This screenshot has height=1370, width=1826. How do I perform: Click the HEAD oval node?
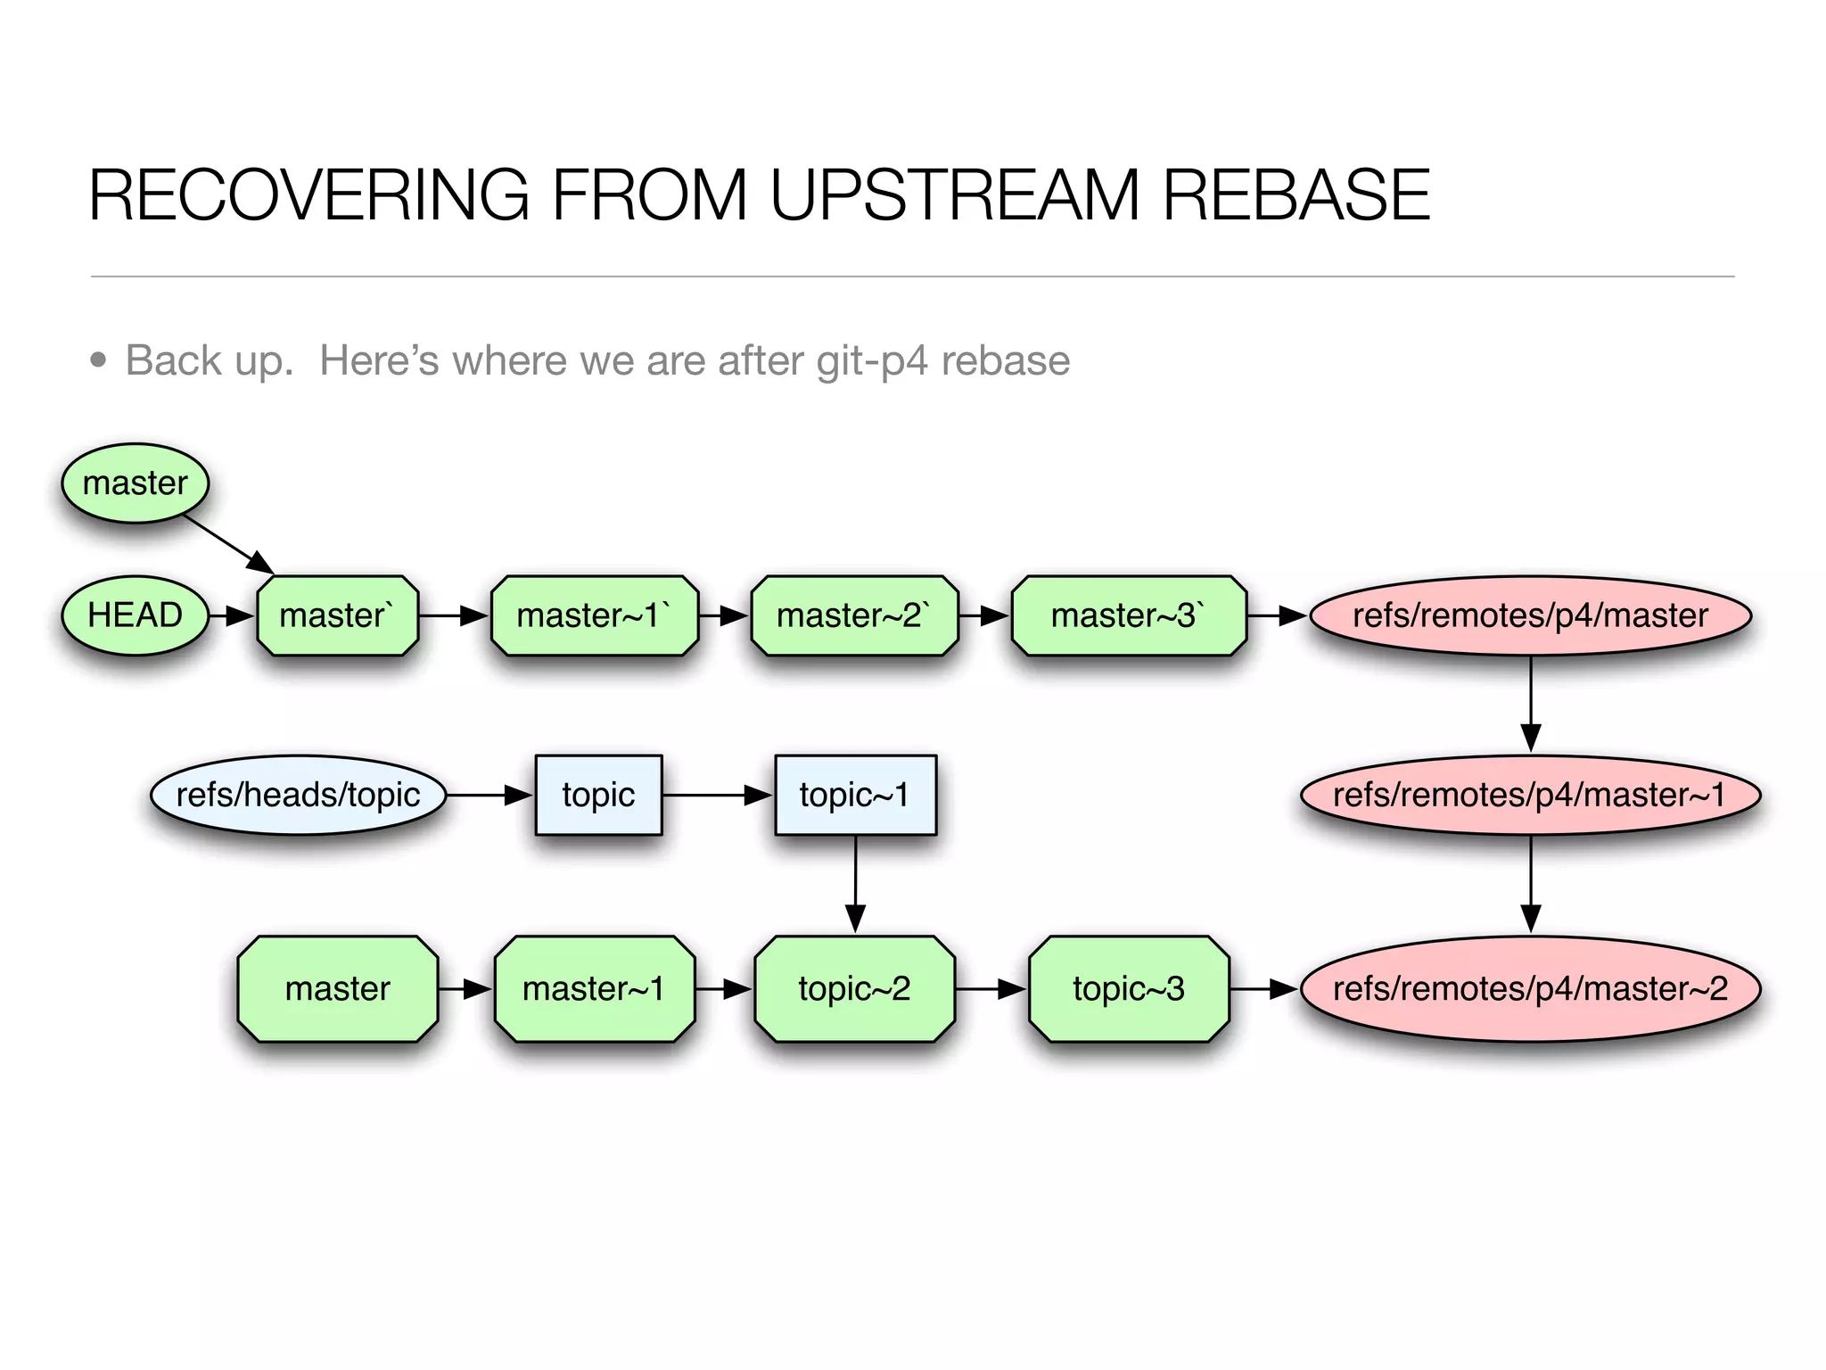[x=135, y=615]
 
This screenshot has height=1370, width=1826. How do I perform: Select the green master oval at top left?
[x=135, y=483]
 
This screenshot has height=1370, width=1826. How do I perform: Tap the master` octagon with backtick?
[x=337, y=615]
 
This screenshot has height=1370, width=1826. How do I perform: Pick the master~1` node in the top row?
[x=594, y=615]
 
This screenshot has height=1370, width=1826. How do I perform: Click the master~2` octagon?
[x=854, y=615]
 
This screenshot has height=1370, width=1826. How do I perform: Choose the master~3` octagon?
[x=1128, y=615]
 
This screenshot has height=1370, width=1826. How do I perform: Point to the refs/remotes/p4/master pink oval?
[x=1530, y=615]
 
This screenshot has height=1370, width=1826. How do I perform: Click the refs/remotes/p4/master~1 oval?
[x=1530, y=795]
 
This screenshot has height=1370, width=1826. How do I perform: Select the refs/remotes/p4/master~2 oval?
[x=1530, y=988]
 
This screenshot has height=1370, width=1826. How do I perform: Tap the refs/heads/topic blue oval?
[x=298, y=795]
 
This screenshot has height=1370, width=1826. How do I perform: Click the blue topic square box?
[x=598, y=795]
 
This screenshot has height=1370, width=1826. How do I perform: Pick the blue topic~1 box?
[x=855, y=795]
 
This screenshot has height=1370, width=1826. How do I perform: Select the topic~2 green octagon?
[x=854, y=988]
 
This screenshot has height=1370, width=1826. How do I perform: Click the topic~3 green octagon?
[x=1128, y=988]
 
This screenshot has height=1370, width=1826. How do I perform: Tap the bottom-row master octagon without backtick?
[x=337, y=988]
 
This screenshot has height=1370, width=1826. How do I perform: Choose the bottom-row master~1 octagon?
[x=594, y=988]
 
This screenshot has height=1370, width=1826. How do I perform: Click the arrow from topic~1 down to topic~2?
[x=855, y=883]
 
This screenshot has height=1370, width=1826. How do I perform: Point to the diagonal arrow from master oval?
[x=228, y=544]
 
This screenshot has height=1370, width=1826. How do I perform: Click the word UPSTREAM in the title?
[x=954, y=195]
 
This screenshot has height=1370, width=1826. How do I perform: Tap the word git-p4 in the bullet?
[x=873, y=361]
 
